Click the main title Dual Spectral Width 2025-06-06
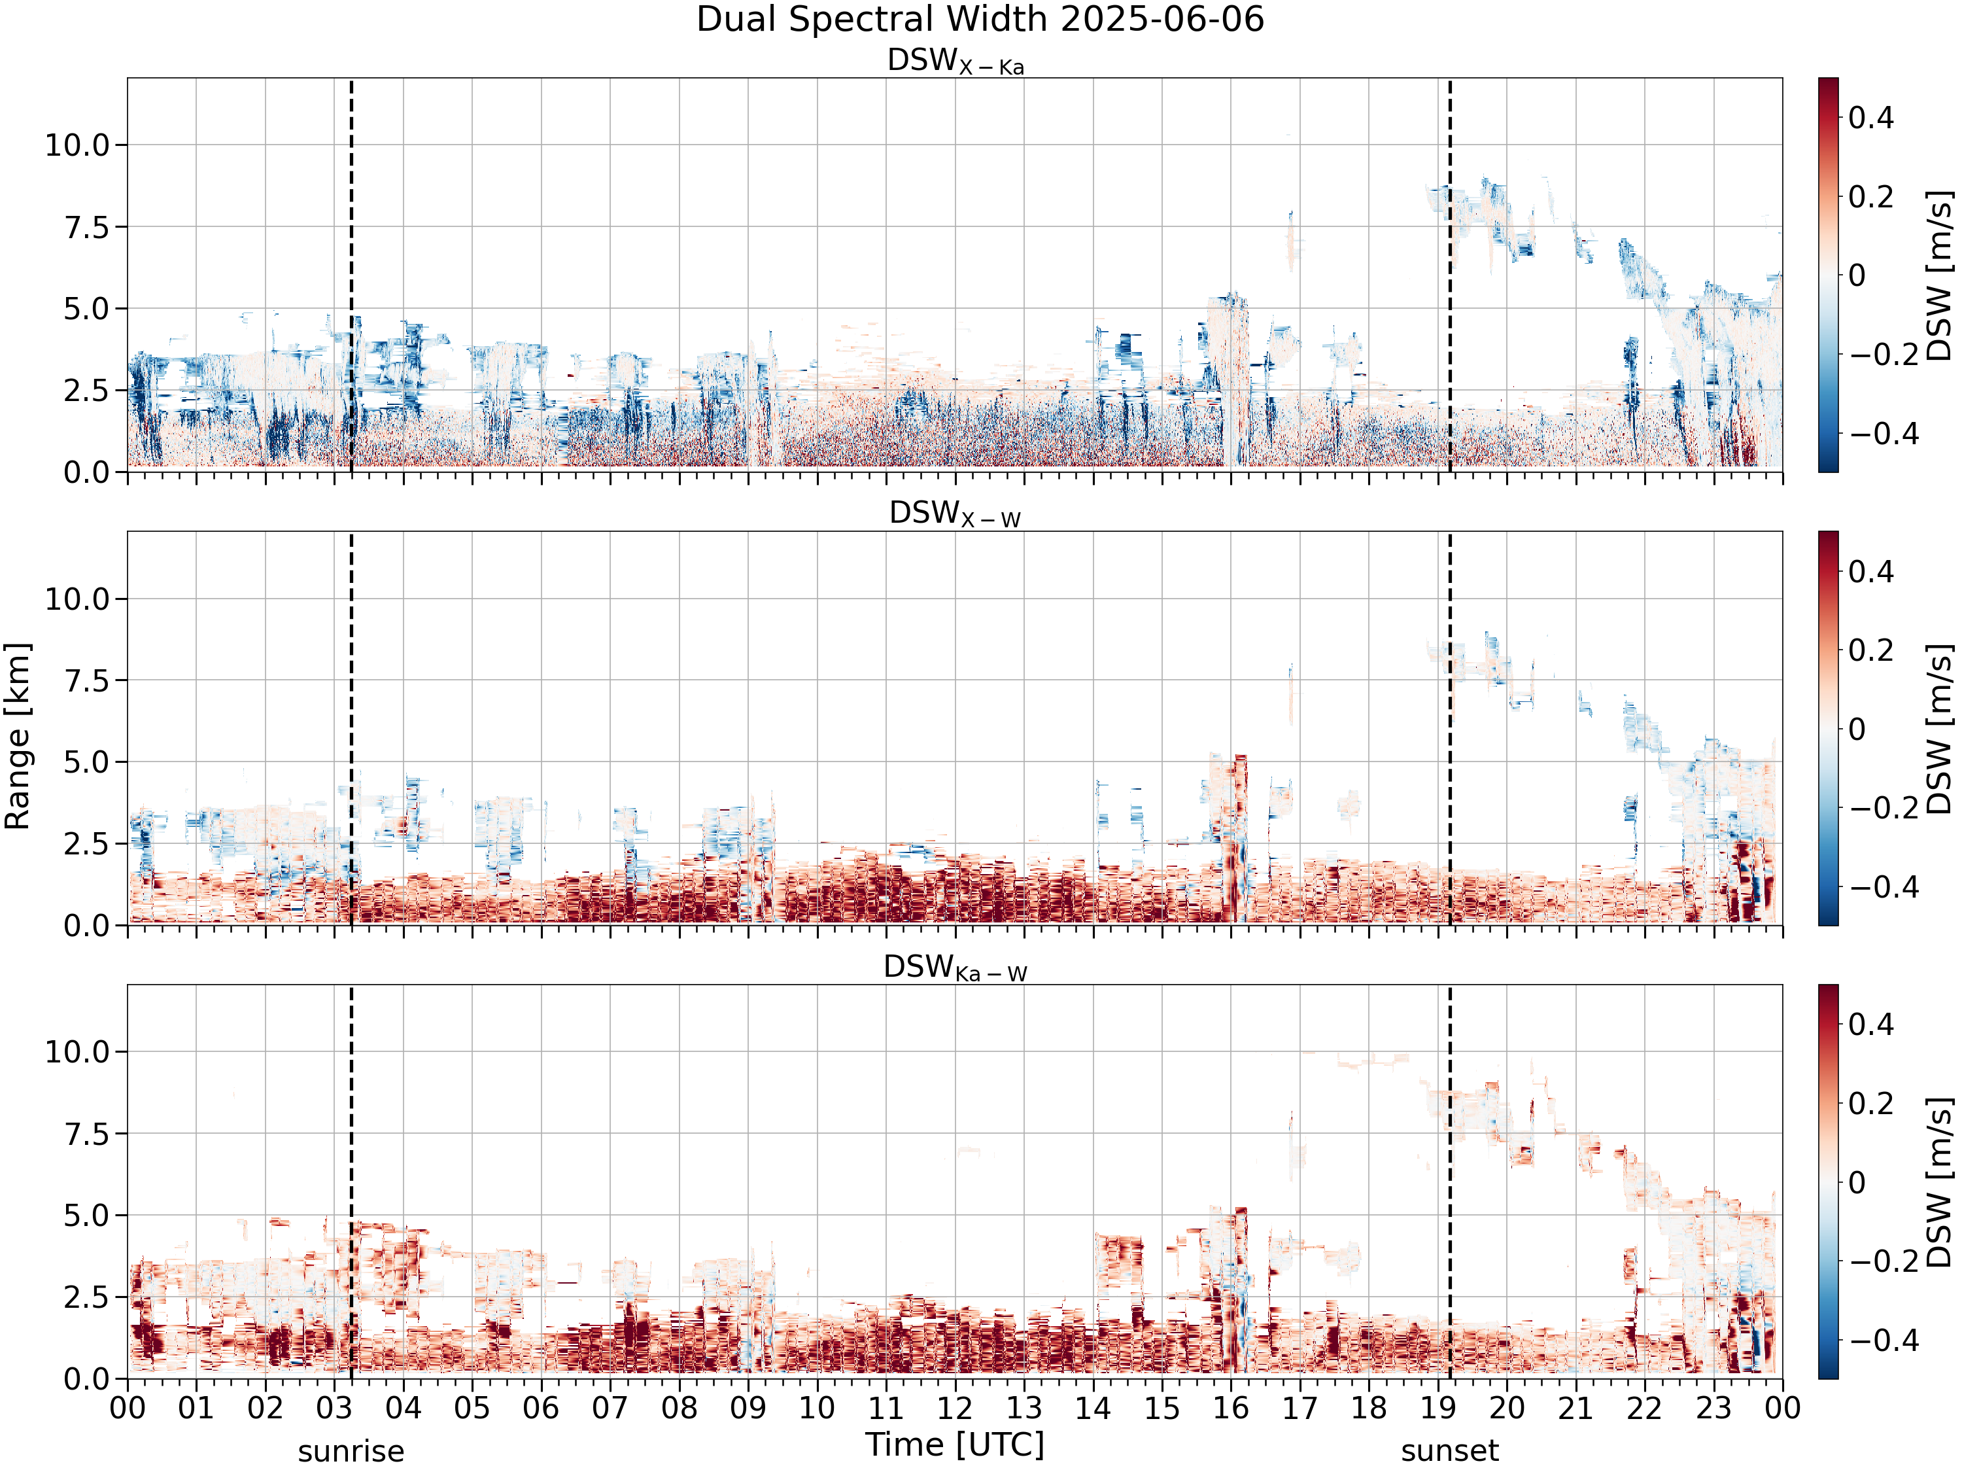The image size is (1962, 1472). (980, 20)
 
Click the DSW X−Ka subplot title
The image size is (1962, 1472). (955, 61)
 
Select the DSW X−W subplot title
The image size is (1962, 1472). (955, 515)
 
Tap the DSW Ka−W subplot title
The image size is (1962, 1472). (955, 968)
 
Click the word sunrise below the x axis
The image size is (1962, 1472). (351, 1452)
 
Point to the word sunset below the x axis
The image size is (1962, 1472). (1450, 1452)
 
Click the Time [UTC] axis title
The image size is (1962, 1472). (955, 1445)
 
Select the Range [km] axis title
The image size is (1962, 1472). (18, 737)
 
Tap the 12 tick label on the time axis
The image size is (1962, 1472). (955, 1408)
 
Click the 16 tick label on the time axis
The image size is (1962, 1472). (1231, 1408)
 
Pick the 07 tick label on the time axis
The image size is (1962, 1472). (610, 1408)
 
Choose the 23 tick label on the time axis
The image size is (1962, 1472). (1713, 1408)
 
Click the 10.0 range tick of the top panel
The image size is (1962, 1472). (77, 145)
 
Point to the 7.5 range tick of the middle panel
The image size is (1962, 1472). (86, 680)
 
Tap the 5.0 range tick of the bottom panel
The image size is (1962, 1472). (86, 1216)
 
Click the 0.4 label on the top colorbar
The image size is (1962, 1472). (1872, 117)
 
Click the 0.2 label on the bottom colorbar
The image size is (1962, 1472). (1872, 1104)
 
